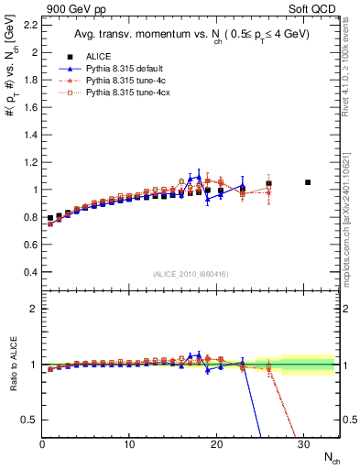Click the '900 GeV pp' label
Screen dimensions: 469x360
click(x=71, y=8)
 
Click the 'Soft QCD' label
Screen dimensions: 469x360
click(x=314, y=8)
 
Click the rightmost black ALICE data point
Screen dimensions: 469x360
click(x=308, y=182)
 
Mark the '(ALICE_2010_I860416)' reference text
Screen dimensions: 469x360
click(x=191, y=274)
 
